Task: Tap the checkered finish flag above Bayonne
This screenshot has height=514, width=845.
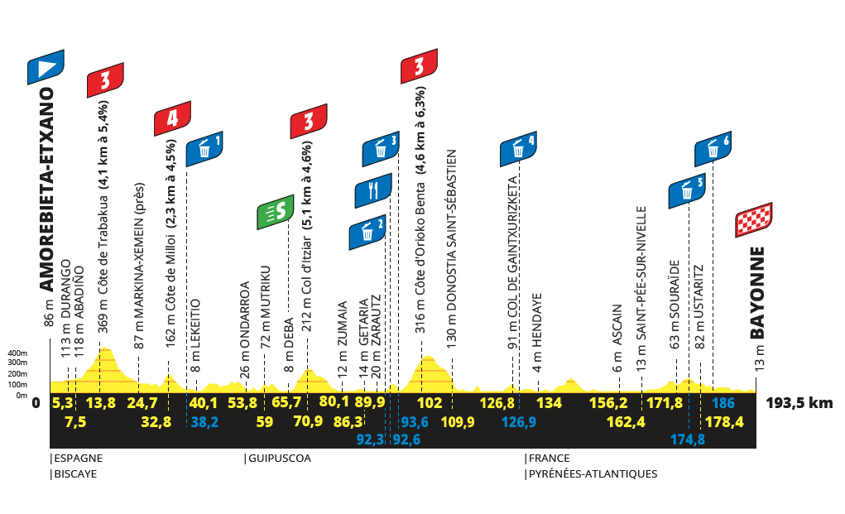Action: (754, 219)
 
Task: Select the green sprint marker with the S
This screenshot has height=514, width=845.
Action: (276, 213)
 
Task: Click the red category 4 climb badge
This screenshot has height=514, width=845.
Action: (172, 118)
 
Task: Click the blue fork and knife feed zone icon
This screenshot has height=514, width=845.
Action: (373, 191)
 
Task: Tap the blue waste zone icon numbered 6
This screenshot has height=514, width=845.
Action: (713, 149)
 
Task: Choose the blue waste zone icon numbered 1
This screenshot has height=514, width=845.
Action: (204, 149)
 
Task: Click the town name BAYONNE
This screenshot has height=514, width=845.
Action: (760, 293)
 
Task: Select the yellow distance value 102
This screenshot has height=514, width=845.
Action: (430, 404)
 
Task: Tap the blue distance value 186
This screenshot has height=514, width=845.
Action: (723, 404)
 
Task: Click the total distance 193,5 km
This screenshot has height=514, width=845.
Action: (799, 404)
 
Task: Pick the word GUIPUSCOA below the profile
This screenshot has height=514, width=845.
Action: (278, 458)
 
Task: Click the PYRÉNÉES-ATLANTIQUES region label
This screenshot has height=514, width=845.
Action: (593, 474)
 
